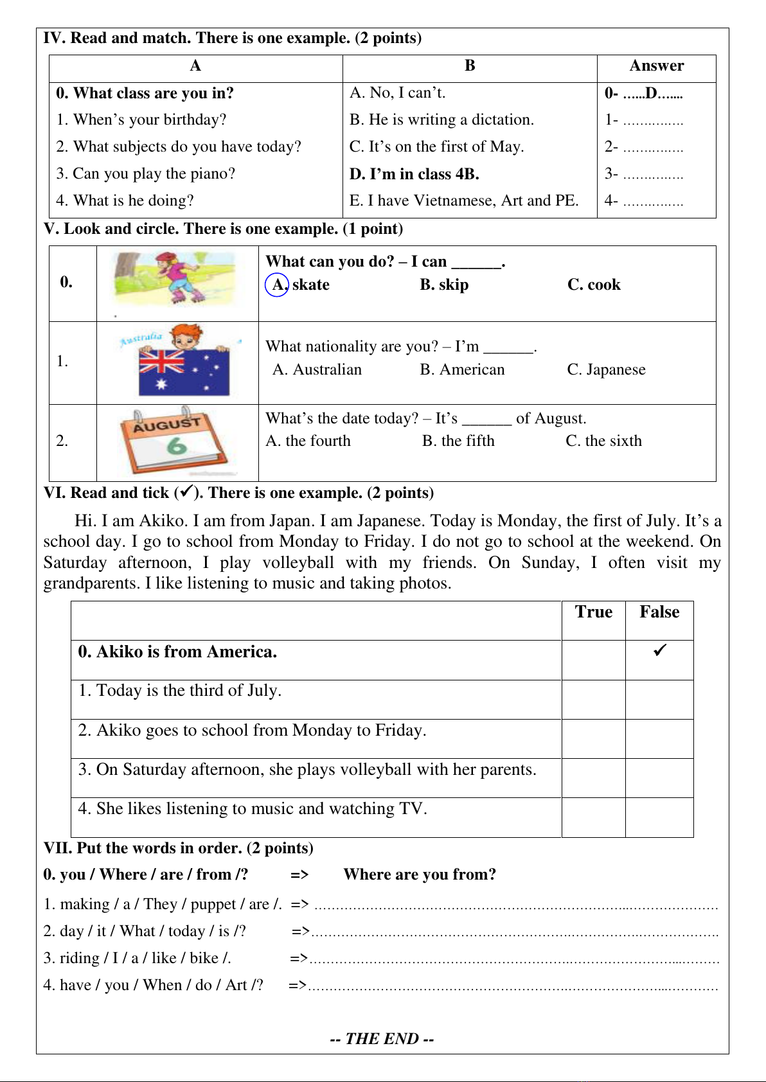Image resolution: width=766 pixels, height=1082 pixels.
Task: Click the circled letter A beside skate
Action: click(x=277, y=285)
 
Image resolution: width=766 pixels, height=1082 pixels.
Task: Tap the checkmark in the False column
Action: click(x=659, y=650)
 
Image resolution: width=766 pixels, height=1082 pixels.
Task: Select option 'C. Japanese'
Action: click(x=606, y=369)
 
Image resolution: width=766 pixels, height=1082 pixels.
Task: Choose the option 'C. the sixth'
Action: click(x=603, y=441)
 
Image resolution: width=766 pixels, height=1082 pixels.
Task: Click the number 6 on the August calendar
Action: click(x=176, y=445)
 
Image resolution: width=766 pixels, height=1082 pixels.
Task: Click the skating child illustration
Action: click(x=174, y=278)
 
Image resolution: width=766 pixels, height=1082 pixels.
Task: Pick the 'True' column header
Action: click(x=593, y=612)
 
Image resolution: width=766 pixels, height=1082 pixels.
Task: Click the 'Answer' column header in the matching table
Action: click(x=656, y=66)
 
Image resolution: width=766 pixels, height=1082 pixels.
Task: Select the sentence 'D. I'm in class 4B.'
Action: click(x=414, y=174)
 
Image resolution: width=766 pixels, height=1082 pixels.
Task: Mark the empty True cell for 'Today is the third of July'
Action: click(x=593, y=699)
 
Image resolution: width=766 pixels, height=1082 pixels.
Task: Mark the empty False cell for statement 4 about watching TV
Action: click(x=659, y=817)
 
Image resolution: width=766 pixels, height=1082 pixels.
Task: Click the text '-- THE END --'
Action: click(x=382, y=1039)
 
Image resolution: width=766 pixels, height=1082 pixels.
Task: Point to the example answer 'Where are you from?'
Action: click(x=420, y=874)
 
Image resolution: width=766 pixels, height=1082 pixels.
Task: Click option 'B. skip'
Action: click(x=444, y=285)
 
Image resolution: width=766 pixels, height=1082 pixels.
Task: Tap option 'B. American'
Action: click(x=462, y=369)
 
